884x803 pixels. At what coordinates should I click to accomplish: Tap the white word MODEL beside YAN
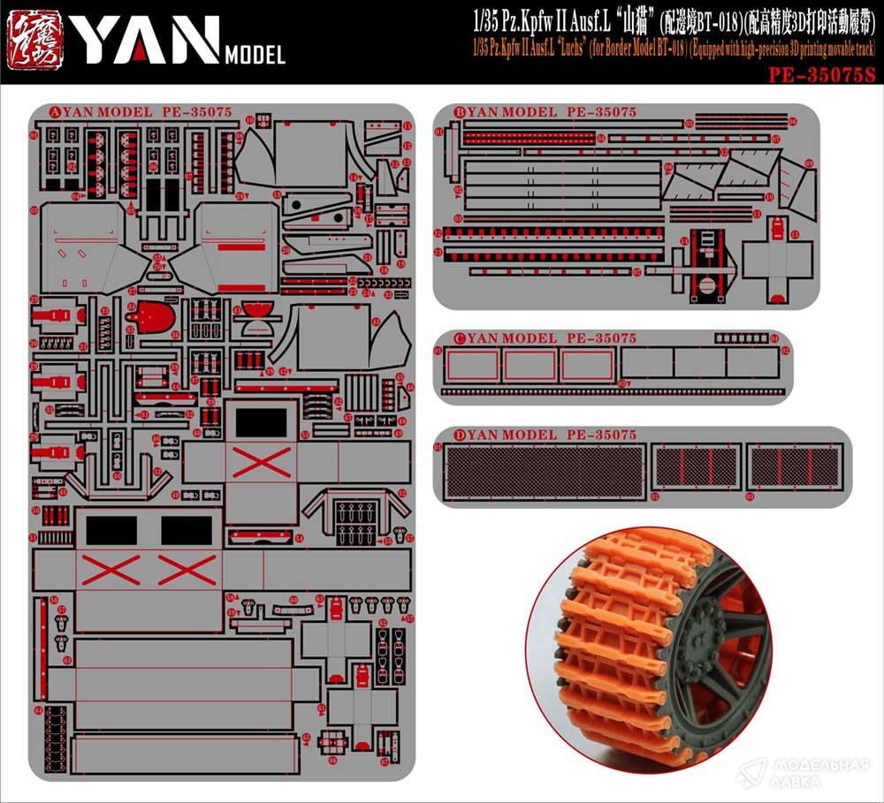click(255, 56)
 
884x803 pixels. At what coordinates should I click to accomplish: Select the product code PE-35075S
click(821, 75)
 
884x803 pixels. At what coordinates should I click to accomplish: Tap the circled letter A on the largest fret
click(55, 112)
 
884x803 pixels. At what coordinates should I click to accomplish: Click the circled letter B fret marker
click(460, 112)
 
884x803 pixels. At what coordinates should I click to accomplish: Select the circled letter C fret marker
click(460, 338)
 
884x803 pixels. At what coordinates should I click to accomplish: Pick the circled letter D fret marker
click(460, 435)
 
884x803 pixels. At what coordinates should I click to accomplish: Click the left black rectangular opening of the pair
click(111, 529)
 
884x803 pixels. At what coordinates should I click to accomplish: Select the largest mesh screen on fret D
click(543, 470)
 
